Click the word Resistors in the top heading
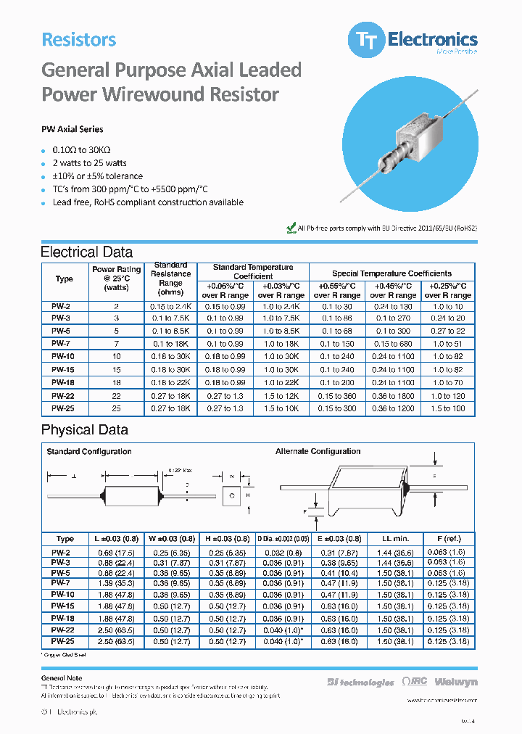coord(78,40)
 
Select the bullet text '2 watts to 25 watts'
coord(89,162)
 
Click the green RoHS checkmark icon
coord(291,228)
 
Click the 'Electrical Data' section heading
coord(86,252)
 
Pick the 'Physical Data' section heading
coord(84,429)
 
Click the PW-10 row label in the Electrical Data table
coord(64,356)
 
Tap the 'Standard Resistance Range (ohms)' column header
coord(171,279)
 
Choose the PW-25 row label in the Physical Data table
coord(64,641)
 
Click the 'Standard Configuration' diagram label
coord(89,451)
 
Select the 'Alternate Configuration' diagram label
coord(318,451)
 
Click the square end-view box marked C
coord(231,495)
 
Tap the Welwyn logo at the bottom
coord(456,683)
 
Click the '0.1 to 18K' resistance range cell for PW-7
coord(171,343)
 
